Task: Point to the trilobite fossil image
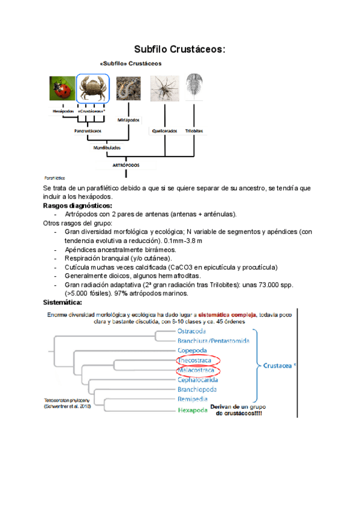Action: click(x=194, y=87)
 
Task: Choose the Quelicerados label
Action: click(x=164, y=130)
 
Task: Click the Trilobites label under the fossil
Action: click(x=194, y=130)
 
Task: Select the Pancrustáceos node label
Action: click(x=88, y=130)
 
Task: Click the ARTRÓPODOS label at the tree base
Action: click(x=126, y=163)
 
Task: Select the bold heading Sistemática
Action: click(x=66, y=303)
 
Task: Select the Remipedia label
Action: click(x=193, y=399)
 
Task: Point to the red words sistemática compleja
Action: click(x=229, y=314)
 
